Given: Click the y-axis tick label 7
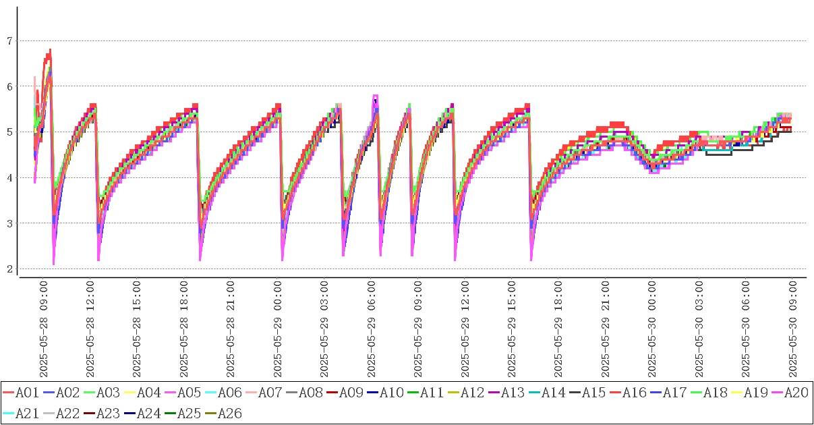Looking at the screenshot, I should (x=9, y=41).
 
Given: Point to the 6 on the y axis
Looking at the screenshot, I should (x=9, y=86).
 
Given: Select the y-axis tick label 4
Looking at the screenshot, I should (x=9, y=178).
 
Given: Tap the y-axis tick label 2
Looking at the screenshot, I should (x=9, y=269).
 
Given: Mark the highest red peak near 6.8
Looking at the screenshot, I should (x=50, y=50).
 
